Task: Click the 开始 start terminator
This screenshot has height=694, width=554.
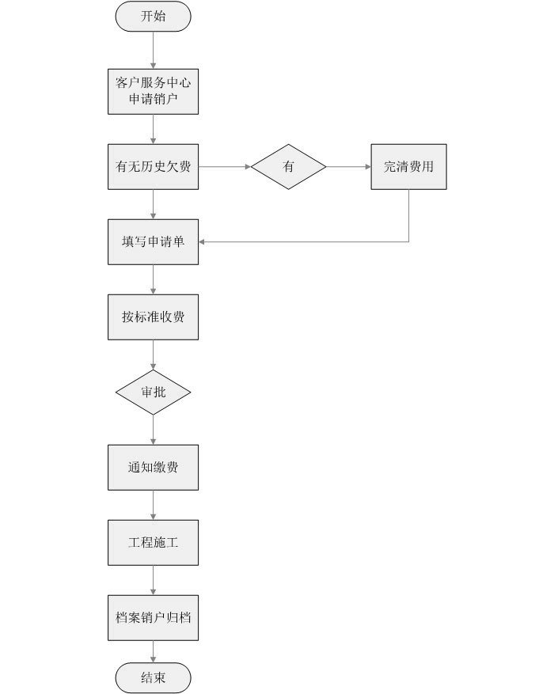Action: coord(153,17)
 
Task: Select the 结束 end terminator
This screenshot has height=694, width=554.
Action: coord(153,677)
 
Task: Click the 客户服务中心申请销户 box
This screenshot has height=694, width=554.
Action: coord(153,92)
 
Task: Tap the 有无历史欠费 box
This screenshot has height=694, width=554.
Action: coord(153,166)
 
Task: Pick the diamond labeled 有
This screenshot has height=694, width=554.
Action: coord(289,166)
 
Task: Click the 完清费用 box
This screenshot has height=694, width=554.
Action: coord(408,166)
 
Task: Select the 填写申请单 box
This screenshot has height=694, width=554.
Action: coord(153,241)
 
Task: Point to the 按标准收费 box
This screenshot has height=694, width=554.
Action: coord(153,317)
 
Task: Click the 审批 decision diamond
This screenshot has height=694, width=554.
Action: coord(153,392)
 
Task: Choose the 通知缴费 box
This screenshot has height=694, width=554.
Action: coord(153,467)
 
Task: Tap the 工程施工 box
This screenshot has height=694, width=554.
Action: coord(153,542)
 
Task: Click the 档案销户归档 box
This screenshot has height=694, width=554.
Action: coord(153,617)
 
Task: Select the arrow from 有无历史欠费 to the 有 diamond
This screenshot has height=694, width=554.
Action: coord(225,166)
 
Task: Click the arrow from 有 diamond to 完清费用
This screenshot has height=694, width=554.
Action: coord(349,166)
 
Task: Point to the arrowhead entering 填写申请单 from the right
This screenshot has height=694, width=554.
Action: coord(203,241)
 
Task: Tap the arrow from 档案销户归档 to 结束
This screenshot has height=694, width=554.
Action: coord(153,651)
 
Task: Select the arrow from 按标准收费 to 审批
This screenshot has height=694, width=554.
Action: coord(153,355)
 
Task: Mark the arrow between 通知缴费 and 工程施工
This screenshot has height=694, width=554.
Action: coord(153,504)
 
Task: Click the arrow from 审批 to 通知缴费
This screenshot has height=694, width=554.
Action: coord(153,429)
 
